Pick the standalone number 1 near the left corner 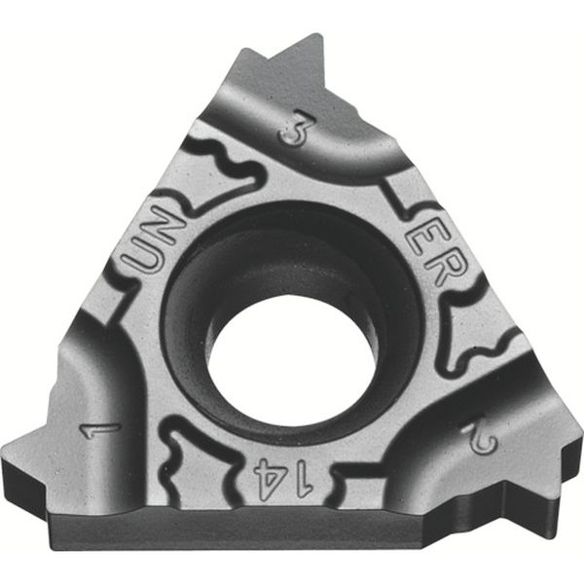pos(100,426)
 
